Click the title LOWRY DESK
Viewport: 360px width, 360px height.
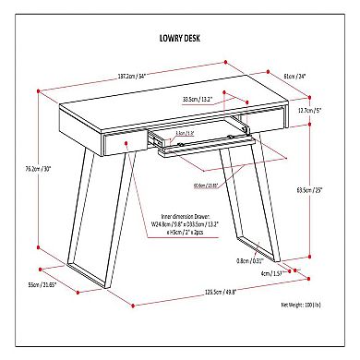point(179,41)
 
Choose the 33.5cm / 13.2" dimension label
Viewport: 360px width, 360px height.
point(198,98)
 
